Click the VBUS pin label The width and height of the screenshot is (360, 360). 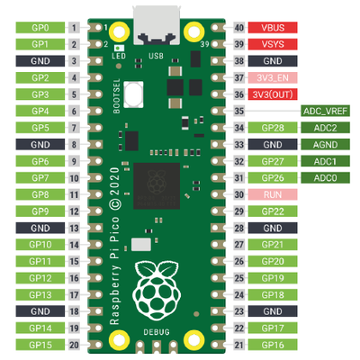coord(273,28)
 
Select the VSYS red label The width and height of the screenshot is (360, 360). coord(273,44)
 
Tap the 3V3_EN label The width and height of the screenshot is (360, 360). coord(273,77)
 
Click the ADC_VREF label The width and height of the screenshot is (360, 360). coord(325,111)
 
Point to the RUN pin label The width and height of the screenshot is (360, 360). coord(273,194)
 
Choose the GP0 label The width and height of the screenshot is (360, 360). coord(40,28)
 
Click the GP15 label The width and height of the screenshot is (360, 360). coord(40,345)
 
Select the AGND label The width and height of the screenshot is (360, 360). coord(325,145)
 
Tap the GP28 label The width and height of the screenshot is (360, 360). coord(273,128)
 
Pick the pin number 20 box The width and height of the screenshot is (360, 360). coord(74,345)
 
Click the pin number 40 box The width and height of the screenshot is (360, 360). coord(239,28)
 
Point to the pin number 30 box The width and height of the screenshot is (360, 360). coord(239,194)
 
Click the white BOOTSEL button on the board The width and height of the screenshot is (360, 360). coord(133,94)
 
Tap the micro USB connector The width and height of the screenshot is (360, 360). coord(157,25)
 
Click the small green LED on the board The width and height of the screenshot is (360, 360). coord(119,48)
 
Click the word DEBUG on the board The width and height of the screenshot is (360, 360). coord(157,332)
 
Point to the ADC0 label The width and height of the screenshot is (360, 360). coord(325,178)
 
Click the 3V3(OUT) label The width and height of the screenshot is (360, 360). coord(273,94)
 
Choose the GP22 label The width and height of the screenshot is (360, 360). coord(273,211)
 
